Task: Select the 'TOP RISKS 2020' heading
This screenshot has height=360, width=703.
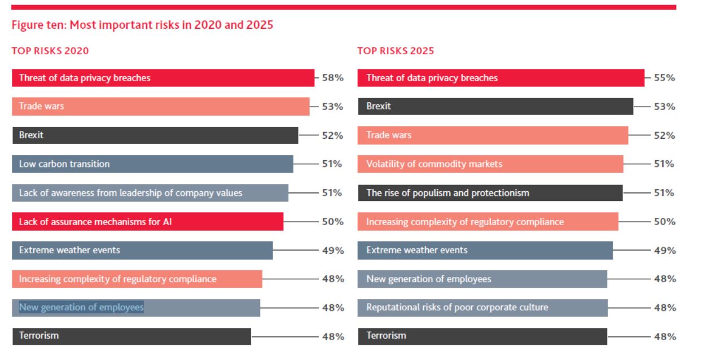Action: (x=50, y=51)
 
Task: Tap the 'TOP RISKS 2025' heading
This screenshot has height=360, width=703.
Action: (x=396, y=51)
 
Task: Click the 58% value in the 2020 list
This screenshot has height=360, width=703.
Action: (x=332, y=78)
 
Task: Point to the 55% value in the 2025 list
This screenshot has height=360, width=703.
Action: (x=664, y=78)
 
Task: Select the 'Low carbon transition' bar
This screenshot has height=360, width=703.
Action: (x=152, y=164)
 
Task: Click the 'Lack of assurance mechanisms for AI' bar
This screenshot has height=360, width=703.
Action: (x=147, y=222)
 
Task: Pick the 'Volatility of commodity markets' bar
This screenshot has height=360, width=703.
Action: (x=490, y=164)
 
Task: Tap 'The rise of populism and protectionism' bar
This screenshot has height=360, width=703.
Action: (x=490, y=193)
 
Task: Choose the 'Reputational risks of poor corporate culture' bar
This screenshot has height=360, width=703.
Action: (x=482, y=308)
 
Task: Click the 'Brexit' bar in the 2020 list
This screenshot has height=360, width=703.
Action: (x=155, y=135)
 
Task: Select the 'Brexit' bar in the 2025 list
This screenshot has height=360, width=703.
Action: (x=495, y=106)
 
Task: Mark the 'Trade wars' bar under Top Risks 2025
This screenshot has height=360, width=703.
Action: (x=493, y=135)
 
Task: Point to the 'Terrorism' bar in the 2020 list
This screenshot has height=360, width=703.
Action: (x=131, y=336)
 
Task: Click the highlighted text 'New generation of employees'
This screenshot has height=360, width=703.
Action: (x=81, y=308)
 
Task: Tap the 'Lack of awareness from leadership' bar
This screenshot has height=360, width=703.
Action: (x=150, y=193)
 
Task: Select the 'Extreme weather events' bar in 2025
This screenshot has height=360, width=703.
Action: (x=485, y=251)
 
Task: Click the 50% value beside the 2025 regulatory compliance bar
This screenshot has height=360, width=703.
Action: (x=664, y=222)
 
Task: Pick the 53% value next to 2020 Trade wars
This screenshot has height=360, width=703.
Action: (x=332, y=107)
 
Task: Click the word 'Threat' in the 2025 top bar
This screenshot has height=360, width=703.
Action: (x=379, y=78)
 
